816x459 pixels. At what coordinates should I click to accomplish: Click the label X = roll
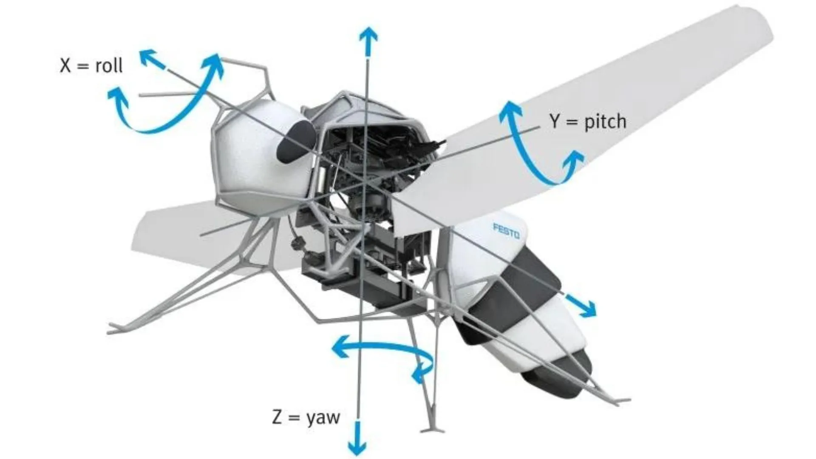pos(91,65)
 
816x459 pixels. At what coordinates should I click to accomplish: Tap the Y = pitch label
pos(588,122)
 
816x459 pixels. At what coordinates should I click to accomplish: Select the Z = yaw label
pos(306,417)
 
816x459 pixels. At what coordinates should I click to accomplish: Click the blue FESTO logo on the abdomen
pos(506,231)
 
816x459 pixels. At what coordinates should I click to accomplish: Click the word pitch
pos(605,122)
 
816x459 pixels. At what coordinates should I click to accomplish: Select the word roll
pos(109,65)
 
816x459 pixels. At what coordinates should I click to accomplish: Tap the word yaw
pos(323,418)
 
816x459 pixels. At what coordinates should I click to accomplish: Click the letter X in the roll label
pos(65,65)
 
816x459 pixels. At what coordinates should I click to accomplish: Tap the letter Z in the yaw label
pos(277,417)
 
